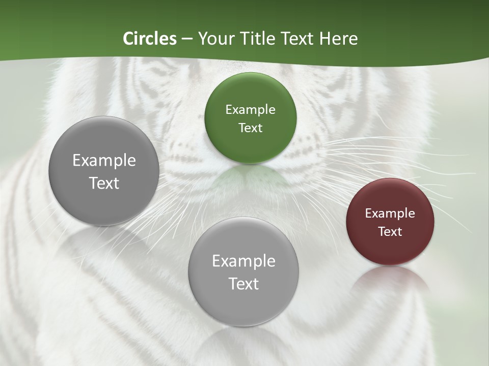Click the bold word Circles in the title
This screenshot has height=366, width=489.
(x=149, y=39)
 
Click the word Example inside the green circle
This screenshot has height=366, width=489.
(x=251, y=110)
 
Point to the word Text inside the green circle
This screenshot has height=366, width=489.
(x=251, y=128)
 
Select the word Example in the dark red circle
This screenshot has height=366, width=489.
(x=390, y=213)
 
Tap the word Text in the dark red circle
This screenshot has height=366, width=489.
(x=390, y=232)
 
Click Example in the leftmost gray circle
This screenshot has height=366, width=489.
(x=104, y=161)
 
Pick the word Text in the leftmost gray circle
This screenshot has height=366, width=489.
(x=104, y=184)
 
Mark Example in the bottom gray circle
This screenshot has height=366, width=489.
(x=243, y=261)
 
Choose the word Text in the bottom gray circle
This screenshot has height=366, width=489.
(x=243, y=284)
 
